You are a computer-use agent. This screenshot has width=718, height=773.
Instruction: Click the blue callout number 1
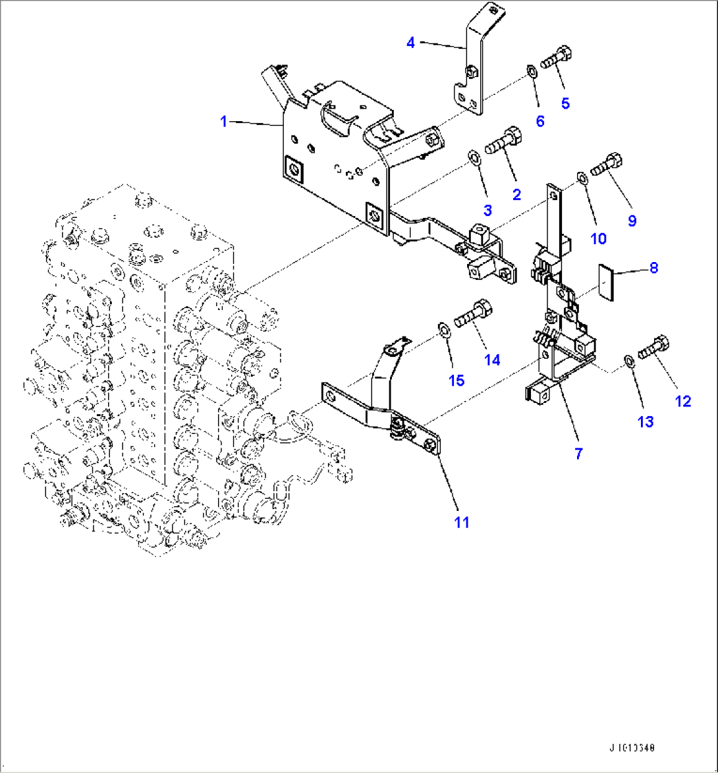(x=223, y=122)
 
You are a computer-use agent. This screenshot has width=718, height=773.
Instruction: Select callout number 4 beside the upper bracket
(x=410, y=43)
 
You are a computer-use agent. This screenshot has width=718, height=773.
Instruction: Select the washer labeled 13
(x=628, y=360)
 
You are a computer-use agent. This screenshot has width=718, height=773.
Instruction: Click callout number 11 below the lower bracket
(x=461, y=522)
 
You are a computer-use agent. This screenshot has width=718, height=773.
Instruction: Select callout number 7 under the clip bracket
(x=579, y=452)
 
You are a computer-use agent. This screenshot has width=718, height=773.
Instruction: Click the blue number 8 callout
(x=653, y=268)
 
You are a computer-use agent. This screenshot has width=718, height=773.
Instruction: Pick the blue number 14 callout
(x=492, y=360)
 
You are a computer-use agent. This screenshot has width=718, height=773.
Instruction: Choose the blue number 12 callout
(x=683, y=400)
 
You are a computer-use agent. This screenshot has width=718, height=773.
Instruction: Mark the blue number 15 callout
(x=456, y=380)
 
